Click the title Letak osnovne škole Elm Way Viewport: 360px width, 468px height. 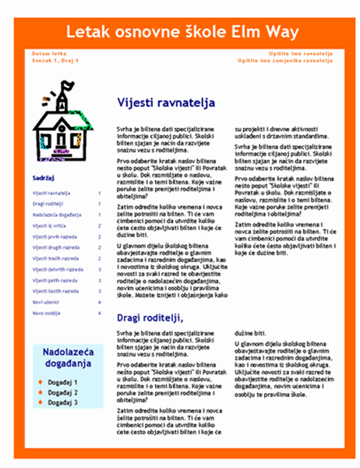pos(179,32)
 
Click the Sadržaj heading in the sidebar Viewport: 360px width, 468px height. pos(44,178)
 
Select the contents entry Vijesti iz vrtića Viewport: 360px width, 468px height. pos(48,225)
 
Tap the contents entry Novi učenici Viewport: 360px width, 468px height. pos(45,301)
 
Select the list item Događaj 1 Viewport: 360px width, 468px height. pos(62,382)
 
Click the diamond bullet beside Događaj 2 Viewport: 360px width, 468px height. pos(41,392)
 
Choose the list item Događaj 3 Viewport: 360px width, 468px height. pos(62,402)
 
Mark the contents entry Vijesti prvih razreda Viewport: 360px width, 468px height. pos(55,236)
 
